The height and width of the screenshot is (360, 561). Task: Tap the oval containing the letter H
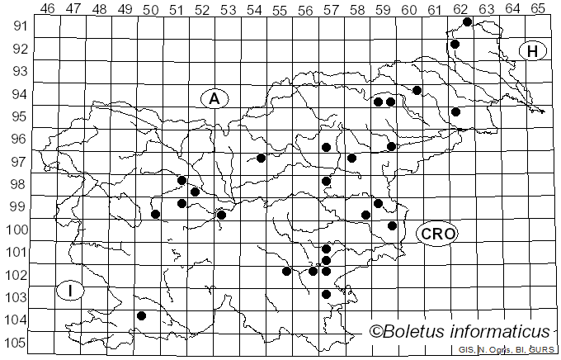coord(533,51)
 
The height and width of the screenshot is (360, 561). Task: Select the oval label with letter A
coord(214,98)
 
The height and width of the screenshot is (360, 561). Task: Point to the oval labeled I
coord(71,291)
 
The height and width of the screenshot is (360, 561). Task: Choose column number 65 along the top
coord(538,9)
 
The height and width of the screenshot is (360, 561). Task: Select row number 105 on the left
coord(16,343)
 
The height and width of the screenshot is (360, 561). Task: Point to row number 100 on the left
coord(16,229)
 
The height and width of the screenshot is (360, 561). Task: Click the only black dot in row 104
coord(142,315)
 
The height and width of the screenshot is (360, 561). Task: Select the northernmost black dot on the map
coord(468,22)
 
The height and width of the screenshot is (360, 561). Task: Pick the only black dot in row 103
coord(326,294)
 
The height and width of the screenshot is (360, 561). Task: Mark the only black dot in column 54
coord(261,158)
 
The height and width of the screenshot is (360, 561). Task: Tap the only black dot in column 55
coord(286,271)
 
